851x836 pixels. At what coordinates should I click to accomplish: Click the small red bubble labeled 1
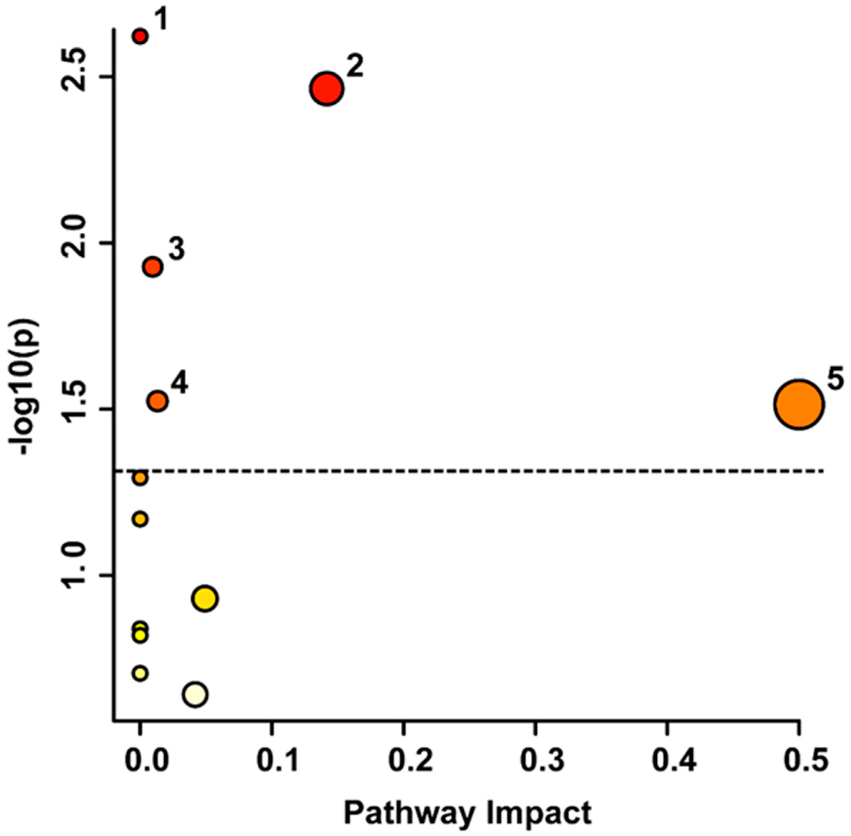point(140,37)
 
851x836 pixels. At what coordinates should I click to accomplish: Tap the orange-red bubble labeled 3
point(153,266)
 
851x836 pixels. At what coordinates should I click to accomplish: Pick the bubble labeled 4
point(158,400)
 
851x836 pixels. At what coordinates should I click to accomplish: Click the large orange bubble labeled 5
point(799,404)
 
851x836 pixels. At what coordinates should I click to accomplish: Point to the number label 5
point(835,379)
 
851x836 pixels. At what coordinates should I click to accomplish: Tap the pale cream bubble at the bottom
point(195,694)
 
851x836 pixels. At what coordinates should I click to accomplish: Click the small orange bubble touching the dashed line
point(140,477)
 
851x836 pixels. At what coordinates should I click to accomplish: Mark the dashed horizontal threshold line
point(483,471)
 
